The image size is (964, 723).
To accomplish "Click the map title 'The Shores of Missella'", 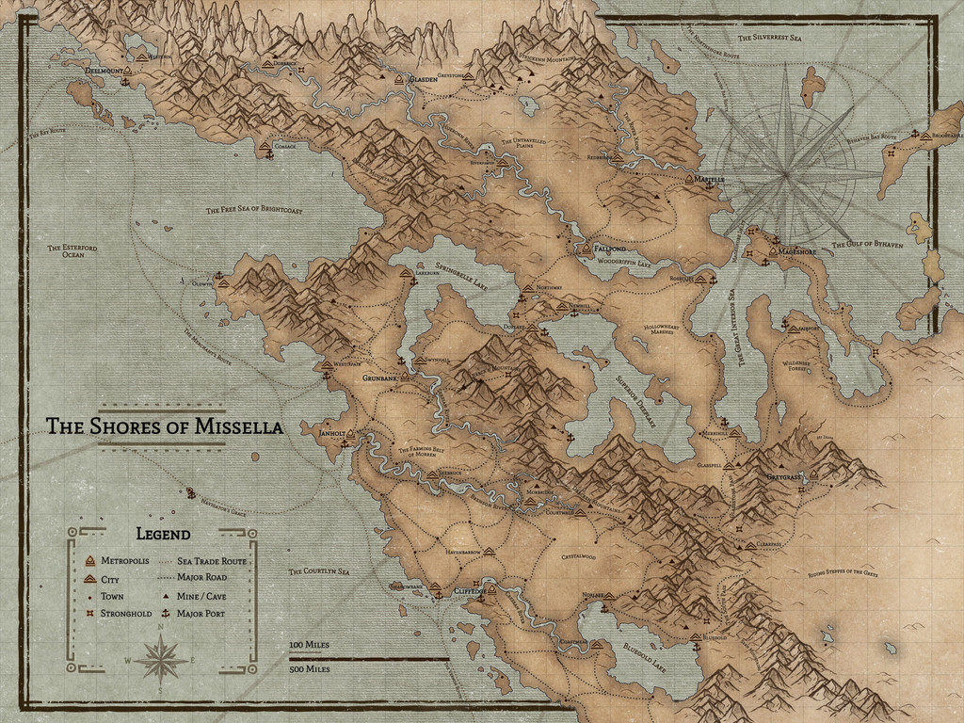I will click(165, 426).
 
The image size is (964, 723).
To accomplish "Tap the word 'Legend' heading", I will click(163, 534).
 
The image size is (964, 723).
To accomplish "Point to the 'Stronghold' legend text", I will click(125, 613).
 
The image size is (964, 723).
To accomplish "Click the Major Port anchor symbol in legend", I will click(166, 613).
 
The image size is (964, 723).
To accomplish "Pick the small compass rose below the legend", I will click(161, 658).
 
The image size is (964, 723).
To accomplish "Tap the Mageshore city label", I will click(798, 251).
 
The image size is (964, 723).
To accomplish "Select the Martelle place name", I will click(710, 179).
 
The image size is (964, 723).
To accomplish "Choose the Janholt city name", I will click(331, 434).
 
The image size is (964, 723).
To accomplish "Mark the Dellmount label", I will click(103, 70).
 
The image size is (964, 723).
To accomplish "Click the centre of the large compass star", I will click(786, 173).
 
